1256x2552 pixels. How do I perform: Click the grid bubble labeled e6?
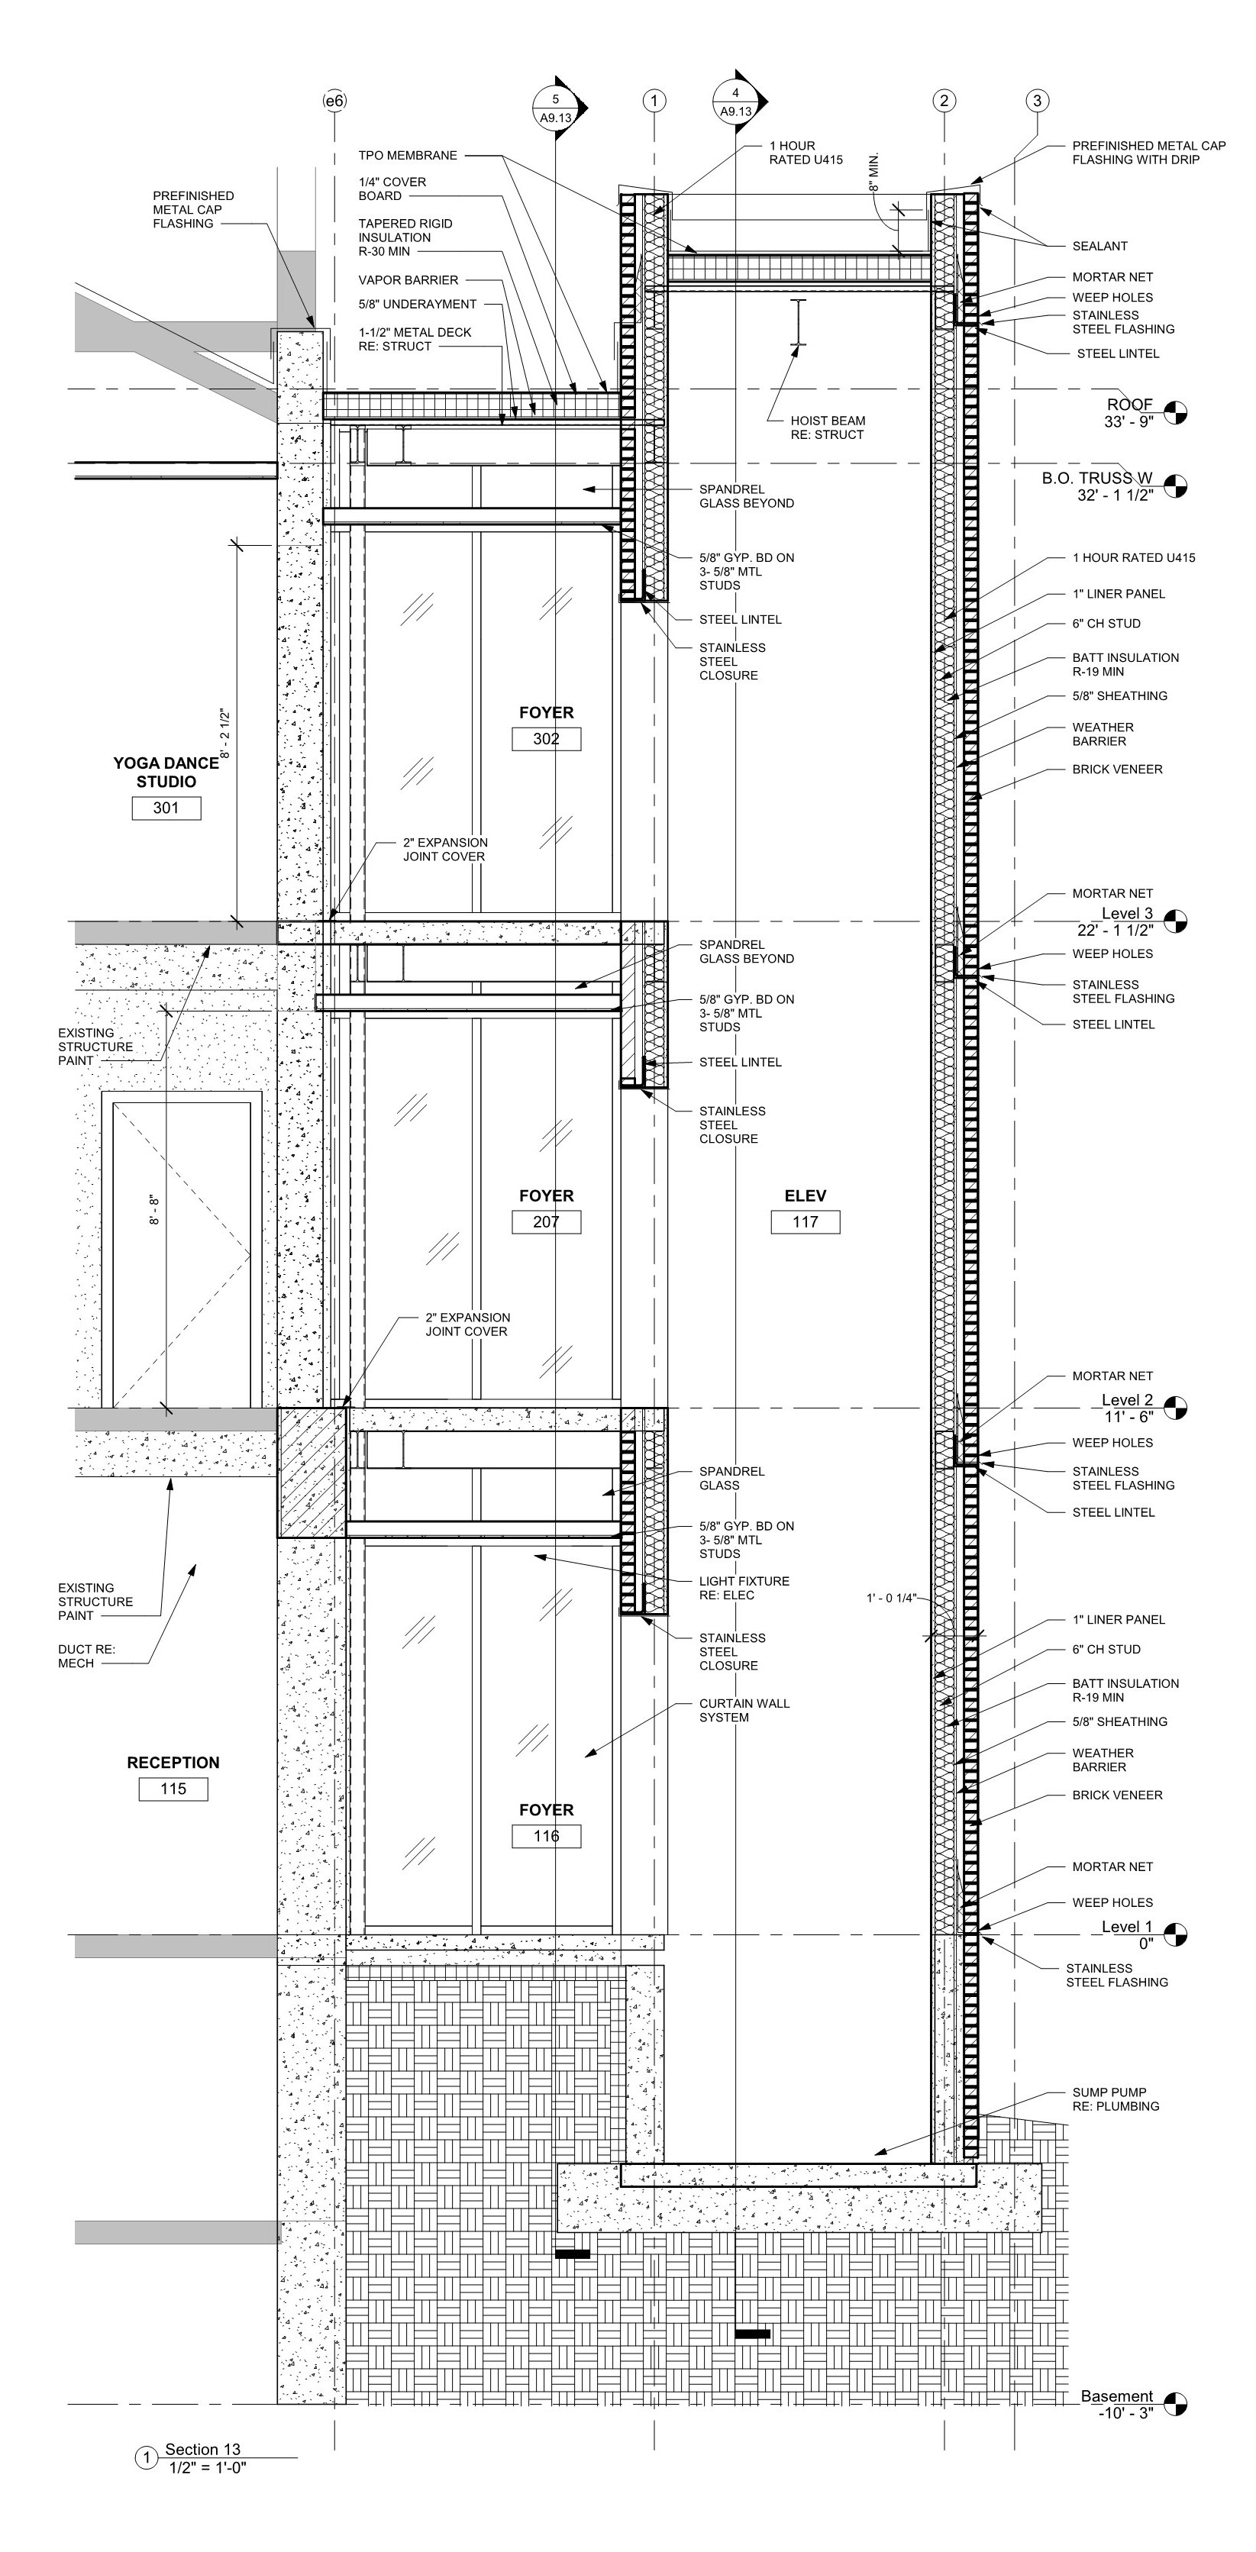(334, 101)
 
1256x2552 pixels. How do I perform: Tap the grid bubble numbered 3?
(1037, 100)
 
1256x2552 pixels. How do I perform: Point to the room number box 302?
(546, 739)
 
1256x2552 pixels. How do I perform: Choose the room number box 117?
(806, 1221)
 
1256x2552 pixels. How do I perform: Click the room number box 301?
(166, 808)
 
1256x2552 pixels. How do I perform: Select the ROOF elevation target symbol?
(1175, 413)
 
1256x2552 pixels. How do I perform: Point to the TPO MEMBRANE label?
(408, 156)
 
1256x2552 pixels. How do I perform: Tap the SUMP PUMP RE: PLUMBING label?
(1116, 2099)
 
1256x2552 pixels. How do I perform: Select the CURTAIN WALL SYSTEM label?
(744, 1710)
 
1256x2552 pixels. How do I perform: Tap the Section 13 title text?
(203, 2449)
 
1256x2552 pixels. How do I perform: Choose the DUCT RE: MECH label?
(87, 1657)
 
